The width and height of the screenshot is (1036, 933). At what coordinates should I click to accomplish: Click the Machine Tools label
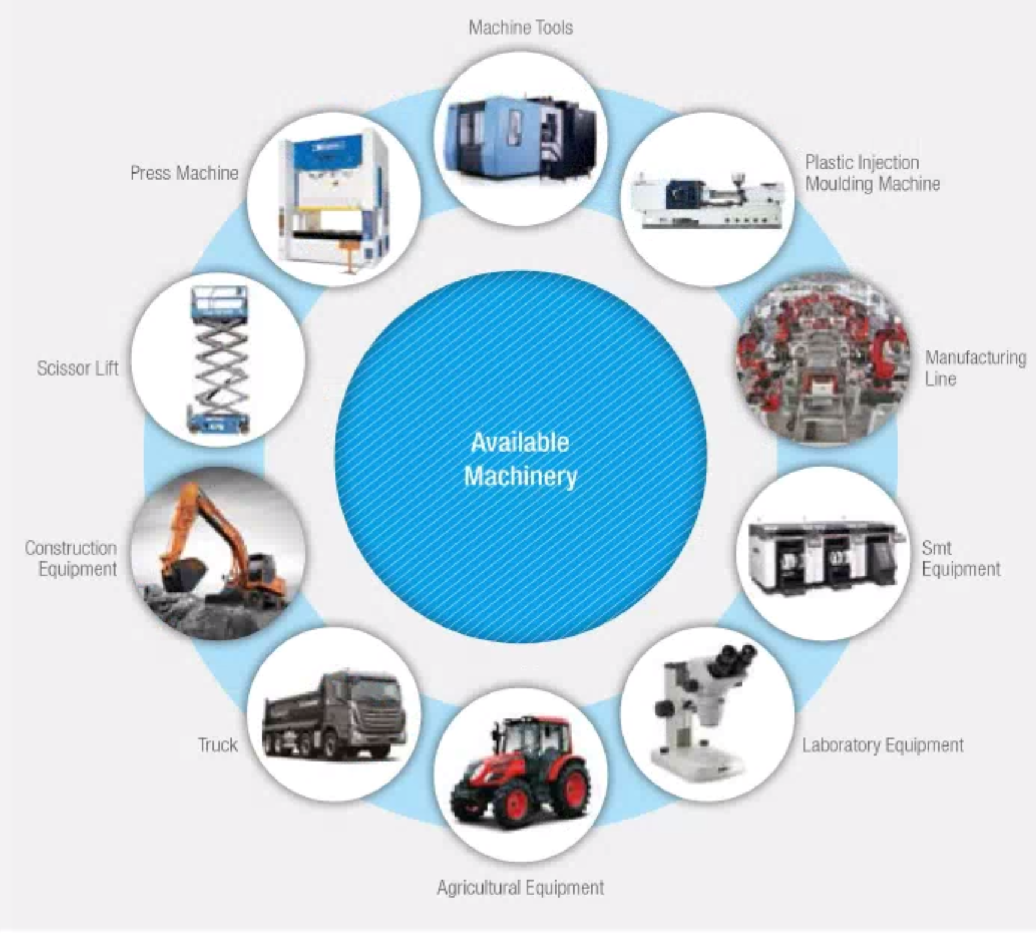[x=520, y=28]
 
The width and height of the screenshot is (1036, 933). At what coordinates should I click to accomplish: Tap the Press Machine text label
[x=184, y=173]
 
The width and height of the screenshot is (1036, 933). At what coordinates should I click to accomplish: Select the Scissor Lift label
[x=77, y=368]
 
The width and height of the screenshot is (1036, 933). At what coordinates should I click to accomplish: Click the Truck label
[x=218, y=745]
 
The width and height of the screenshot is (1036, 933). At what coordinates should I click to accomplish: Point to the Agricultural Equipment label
[x=520, y=887]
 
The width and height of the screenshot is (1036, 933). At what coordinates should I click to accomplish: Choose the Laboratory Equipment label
[x=882, y=745]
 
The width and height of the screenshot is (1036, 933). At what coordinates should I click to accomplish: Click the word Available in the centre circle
[x=519, y=443]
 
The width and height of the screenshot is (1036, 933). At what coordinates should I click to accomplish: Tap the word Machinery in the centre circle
[x=520, y=476]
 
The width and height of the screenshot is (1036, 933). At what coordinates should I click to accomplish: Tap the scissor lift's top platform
[x=218, y=299]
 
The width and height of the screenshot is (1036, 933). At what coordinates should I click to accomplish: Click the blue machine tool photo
[x=520, y=138]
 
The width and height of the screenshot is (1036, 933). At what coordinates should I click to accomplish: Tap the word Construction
[x=71, y=548]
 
